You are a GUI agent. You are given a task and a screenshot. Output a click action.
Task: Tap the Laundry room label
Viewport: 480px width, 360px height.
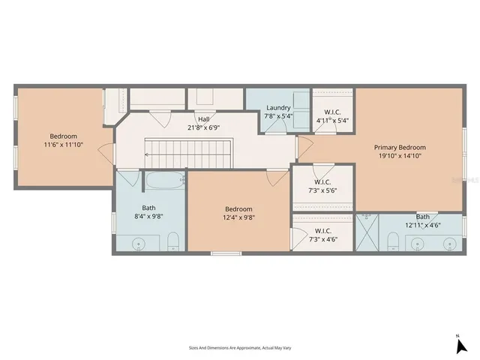[278, 108]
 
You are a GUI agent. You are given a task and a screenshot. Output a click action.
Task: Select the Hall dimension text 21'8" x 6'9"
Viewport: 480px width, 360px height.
[203, 127]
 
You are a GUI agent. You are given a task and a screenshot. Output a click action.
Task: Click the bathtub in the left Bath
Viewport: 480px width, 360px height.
[163, 181]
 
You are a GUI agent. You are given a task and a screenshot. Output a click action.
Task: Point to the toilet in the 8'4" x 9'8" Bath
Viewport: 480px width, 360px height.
[173, 241]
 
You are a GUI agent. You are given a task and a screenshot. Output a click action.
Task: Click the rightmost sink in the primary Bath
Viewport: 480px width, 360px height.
[449, 242]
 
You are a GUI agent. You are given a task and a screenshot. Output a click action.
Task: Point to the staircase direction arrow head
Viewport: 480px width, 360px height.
[148, 155]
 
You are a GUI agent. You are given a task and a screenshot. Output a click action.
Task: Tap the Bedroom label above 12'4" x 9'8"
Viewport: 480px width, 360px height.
[238, 208]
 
